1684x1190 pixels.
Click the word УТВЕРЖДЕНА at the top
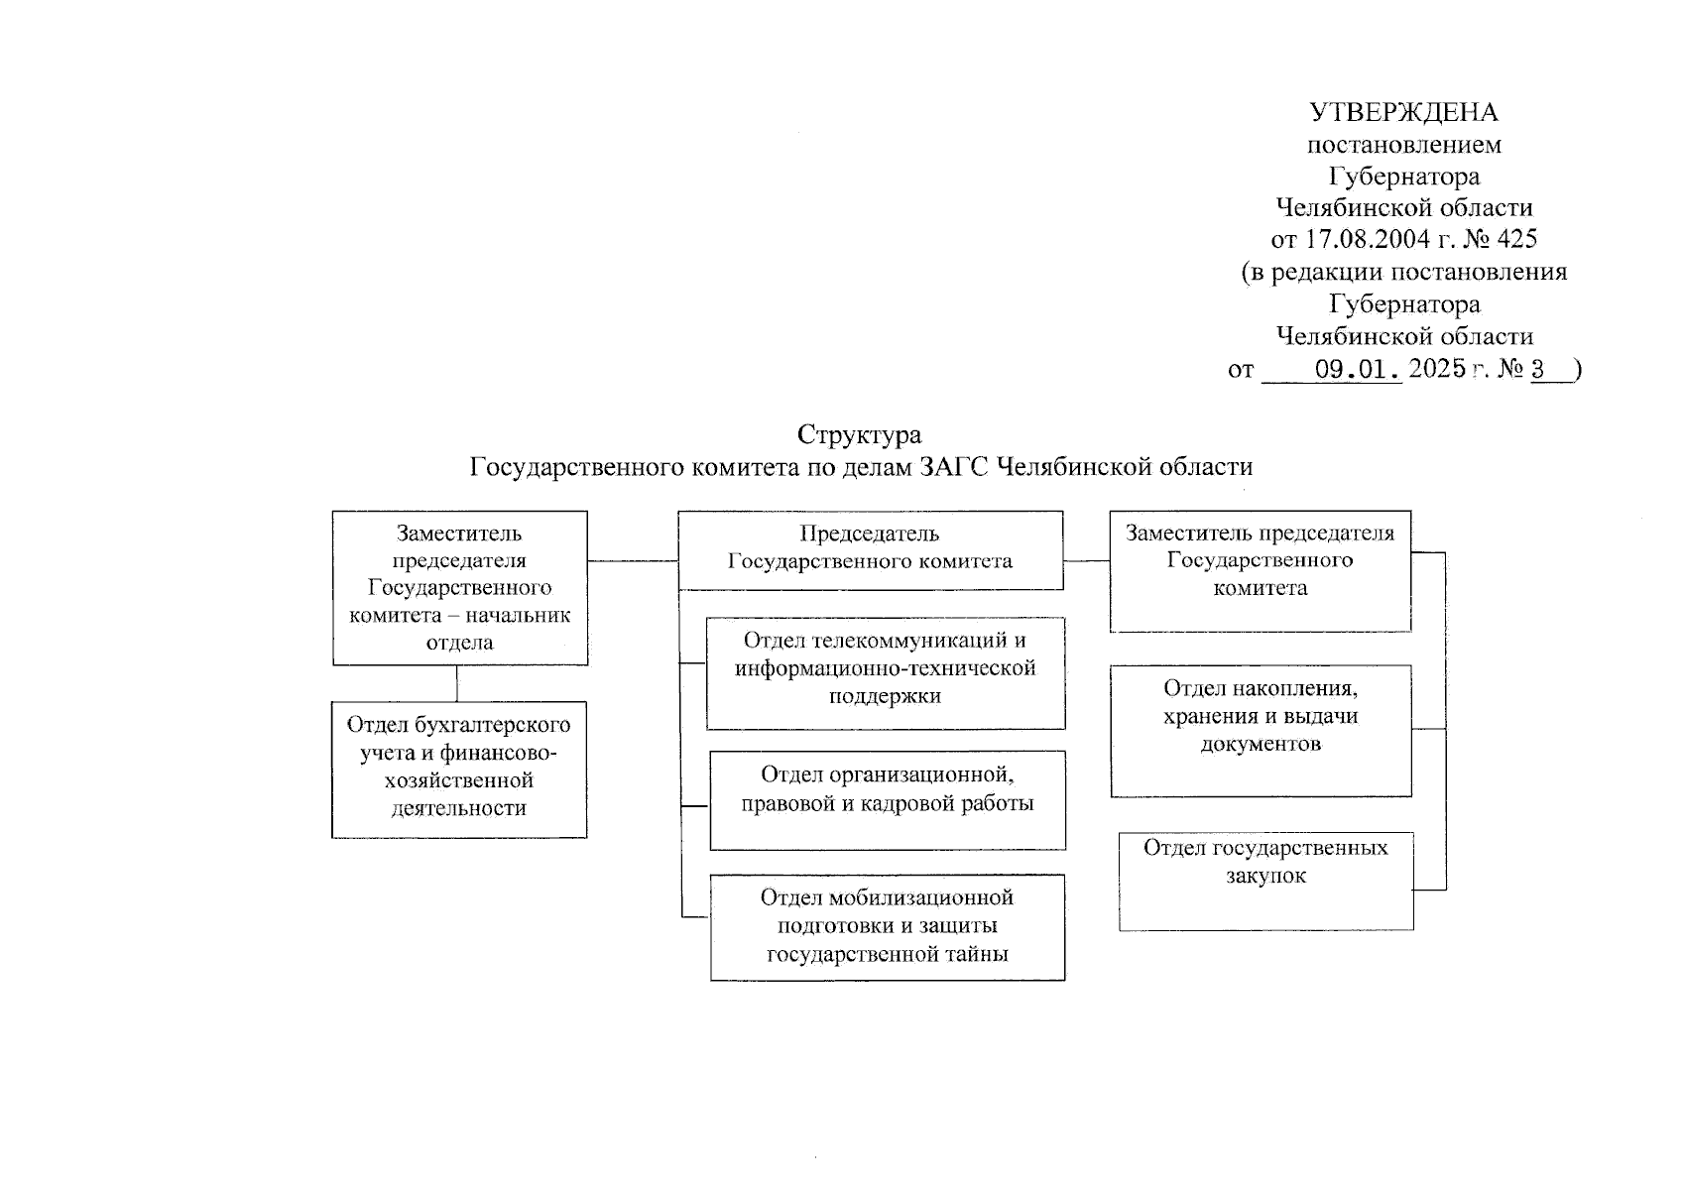[x=1403, y=112]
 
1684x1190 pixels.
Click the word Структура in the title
[x=859, y=434]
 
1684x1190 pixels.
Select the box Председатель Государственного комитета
[x=870, y=549]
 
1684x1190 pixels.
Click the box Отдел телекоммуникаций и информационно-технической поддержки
[x=885, y=672]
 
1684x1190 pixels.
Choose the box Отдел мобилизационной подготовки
[x=887, y=926]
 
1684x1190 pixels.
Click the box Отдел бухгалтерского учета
[x=458, y=769]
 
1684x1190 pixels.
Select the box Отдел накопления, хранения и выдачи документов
[x=1260, y=730]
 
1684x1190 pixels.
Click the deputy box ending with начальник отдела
[x=459, y=587]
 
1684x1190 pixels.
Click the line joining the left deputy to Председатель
[x=633, y=561]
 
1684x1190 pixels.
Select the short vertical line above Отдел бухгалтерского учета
[x=457, y=683]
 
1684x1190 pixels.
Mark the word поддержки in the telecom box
[x=885, y=695]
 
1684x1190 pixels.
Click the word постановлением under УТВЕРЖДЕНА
[x=1403, y=145]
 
